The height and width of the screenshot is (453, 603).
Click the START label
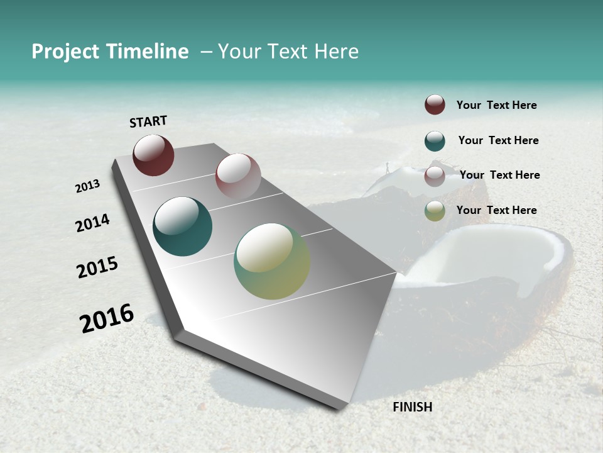148,121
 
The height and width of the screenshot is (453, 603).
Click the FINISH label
413,407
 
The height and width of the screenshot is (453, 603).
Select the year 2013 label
87,186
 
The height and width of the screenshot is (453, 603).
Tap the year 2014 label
92,223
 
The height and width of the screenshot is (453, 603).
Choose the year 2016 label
107,318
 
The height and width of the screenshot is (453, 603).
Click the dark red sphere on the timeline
153,155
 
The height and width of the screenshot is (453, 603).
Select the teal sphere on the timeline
182,226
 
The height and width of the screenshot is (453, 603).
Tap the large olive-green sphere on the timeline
272,261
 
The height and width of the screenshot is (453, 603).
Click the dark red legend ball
435,104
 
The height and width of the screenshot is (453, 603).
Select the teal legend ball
435,141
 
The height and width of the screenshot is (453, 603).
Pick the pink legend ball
435,176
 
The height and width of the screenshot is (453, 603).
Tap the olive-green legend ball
435,211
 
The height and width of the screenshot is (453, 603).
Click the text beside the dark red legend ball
496,105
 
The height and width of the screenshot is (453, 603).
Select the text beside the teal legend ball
498,140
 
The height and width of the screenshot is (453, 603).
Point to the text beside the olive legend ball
496,210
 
